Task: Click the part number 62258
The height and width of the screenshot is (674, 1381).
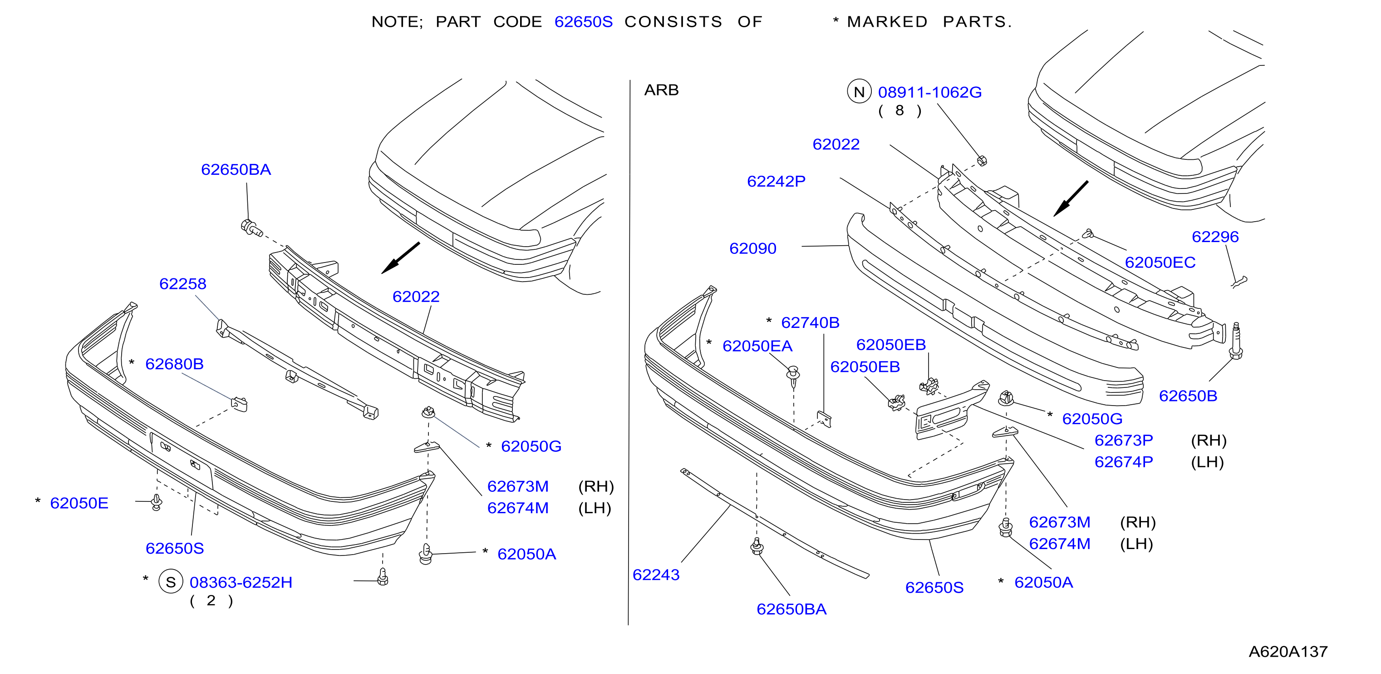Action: [x=183, y=284]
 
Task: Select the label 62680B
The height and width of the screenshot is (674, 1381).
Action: [x=174, y=364]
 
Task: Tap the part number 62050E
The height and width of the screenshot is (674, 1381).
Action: [x=79, y=503]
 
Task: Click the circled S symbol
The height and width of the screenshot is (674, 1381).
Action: [x=171, y=582]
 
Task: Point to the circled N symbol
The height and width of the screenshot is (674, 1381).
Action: [x=859, y=92]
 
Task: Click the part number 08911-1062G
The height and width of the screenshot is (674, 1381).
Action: [x=929, y=92]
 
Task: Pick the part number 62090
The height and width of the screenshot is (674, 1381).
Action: [x=753, y=248]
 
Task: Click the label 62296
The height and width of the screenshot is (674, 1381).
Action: [x=1215, y=237]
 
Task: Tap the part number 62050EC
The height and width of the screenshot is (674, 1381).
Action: [x=1160, y=263]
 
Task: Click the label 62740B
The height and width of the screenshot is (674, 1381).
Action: [x=810, y=322]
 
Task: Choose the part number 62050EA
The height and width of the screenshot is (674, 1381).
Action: [x=757, y=346]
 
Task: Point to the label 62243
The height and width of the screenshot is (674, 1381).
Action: [x=656, y=575]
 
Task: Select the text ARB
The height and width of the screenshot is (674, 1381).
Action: [x=661, y=90]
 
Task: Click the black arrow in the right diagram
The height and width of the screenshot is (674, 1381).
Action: [x=1071, y=198]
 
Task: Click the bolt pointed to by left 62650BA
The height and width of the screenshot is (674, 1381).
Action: [x=251, y=228]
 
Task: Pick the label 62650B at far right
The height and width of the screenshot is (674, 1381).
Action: [x=1188, y=396]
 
